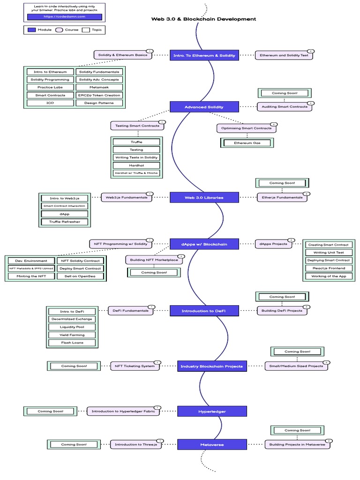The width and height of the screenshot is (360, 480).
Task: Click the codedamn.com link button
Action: pos(65,16)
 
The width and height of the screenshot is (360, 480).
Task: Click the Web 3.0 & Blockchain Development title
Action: pos(203,19)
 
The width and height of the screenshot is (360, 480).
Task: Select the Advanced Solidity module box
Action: pos(204,107)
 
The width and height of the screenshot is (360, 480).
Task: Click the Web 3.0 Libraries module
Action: pos(203,197)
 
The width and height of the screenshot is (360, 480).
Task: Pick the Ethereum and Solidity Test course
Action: pos(284,55)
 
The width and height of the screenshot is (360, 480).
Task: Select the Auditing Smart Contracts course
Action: pos(285,106)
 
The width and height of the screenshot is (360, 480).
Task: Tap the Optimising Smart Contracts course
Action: pos(247,128)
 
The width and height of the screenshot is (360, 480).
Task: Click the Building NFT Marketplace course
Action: pos(155,260)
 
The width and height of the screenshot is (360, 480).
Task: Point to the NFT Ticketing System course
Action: pos(135,366)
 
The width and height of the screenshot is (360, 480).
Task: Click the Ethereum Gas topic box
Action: pos(247,142)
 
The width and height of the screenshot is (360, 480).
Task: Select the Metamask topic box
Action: pos(99,87)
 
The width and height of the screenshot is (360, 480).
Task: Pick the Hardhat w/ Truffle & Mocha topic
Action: pos(137,173)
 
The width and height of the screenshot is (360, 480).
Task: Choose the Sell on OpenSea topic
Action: pos(80,276)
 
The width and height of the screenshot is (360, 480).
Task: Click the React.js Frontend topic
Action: pos(328,268)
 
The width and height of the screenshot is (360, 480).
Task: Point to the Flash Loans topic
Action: pos(72,343)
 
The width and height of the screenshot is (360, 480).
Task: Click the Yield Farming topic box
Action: pos(72,335)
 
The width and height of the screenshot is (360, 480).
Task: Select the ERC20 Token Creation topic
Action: pos(99,95)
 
